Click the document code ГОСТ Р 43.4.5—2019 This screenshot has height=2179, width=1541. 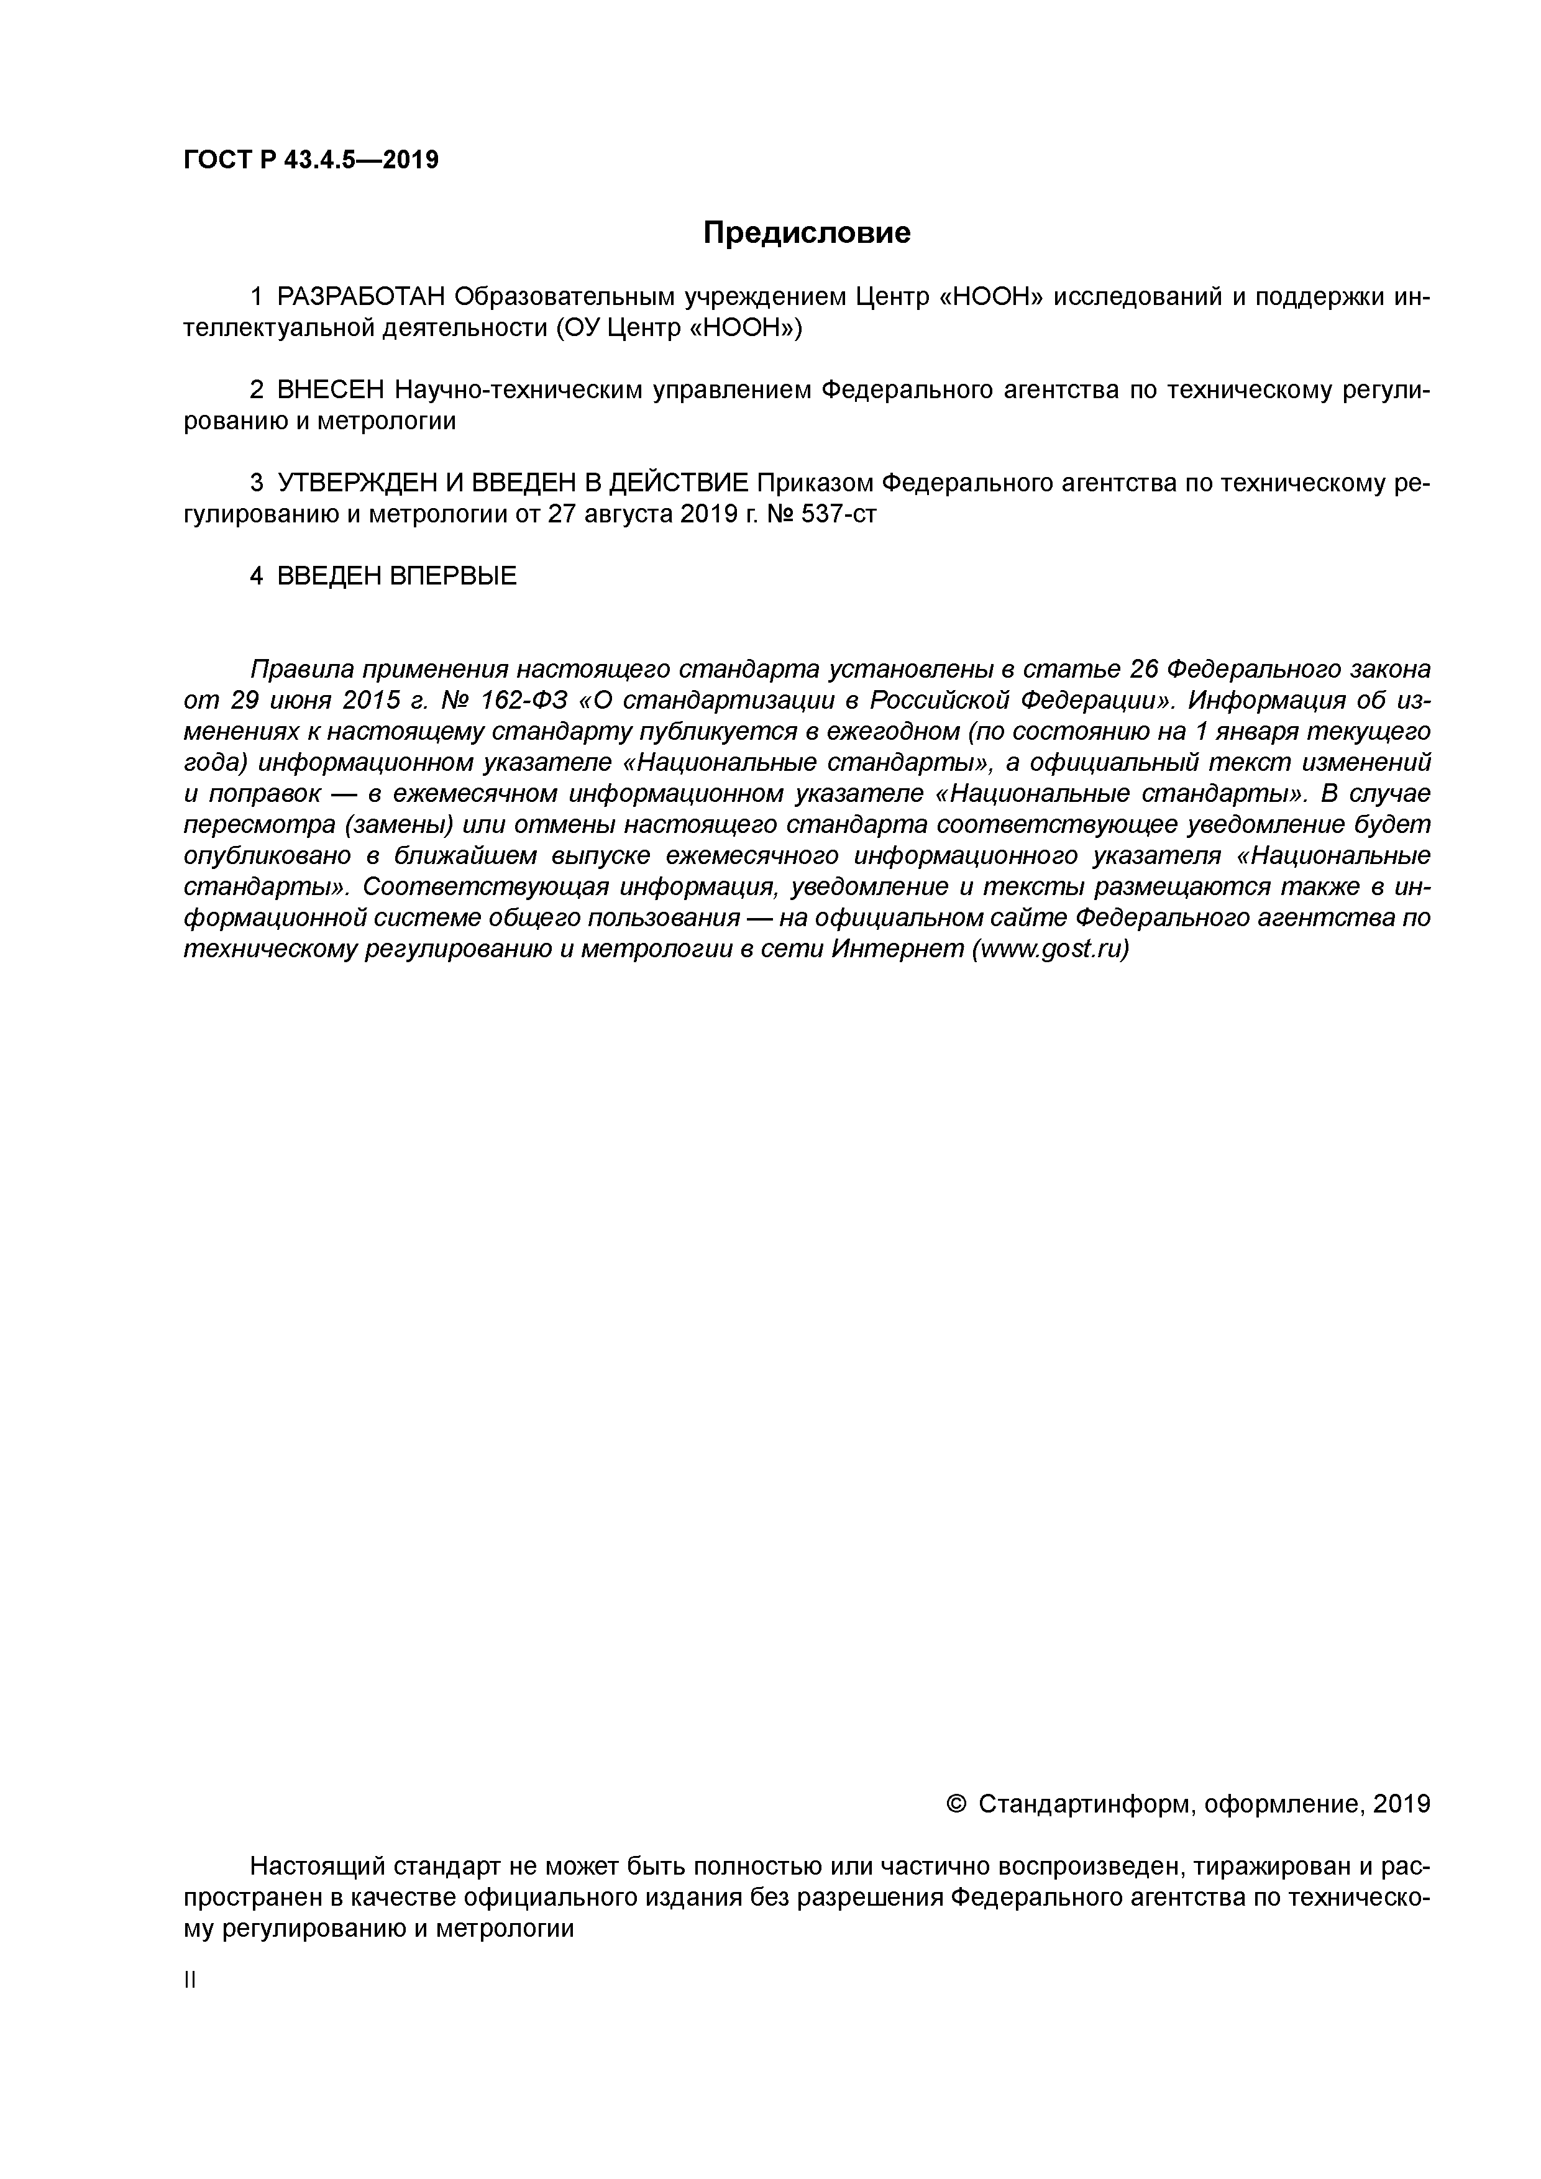[311, 160]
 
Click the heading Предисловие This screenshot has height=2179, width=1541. [806, 232]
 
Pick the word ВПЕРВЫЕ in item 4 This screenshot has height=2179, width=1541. [454, 576]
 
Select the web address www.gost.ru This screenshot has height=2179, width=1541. [1050, 949]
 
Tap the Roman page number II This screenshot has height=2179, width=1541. [189, 1981]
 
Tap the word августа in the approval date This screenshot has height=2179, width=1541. [628, 514]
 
